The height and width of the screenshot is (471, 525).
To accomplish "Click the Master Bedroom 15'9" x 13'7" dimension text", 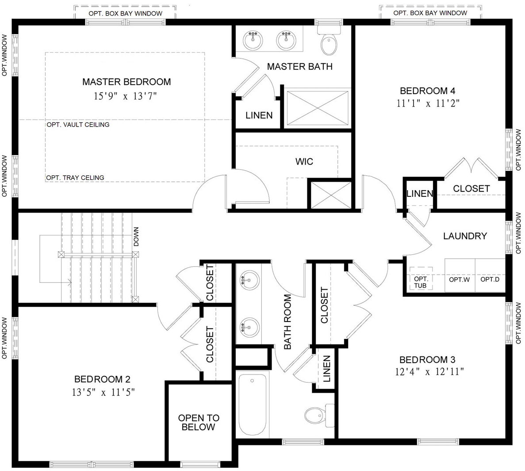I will (126, 96).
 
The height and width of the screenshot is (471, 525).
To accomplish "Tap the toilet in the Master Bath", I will (329, 43).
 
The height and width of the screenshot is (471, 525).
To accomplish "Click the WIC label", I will (304, 161).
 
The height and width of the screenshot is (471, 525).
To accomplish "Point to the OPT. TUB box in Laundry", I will (421, 282).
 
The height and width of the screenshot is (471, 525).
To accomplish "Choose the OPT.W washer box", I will (459, 280).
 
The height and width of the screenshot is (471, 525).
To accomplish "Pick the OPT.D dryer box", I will (490, 280).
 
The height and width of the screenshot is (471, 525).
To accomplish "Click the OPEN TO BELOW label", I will (199, 422).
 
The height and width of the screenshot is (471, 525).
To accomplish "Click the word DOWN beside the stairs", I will (136, 237).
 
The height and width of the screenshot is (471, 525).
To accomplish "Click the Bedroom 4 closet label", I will (471, 188).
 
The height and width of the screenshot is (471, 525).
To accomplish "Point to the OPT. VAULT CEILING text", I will (78, 125).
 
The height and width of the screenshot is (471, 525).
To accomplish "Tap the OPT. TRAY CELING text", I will (75, 178).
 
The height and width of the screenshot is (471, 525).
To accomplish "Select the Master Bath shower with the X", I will (317, 107).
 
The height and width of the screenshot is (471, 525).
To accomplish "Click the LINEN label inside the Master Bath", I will (259, 115).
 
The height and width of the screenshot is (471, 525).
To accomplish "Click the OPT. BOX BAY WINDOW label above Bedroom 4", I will (430, 13).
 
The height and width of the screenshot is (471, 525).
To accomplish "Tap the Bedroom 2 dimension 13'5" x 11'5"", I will (103, 391).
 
